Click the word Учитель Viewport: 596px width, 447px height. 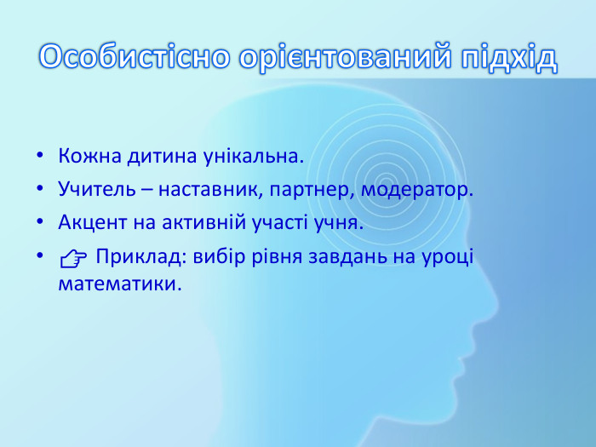click(89, 190)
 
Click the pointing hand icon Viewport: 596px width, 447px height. click(74, 257)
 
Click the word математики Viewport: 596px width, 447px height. click(120, 282)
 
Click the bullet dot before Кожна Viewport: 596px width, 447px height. click(40, 158)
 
